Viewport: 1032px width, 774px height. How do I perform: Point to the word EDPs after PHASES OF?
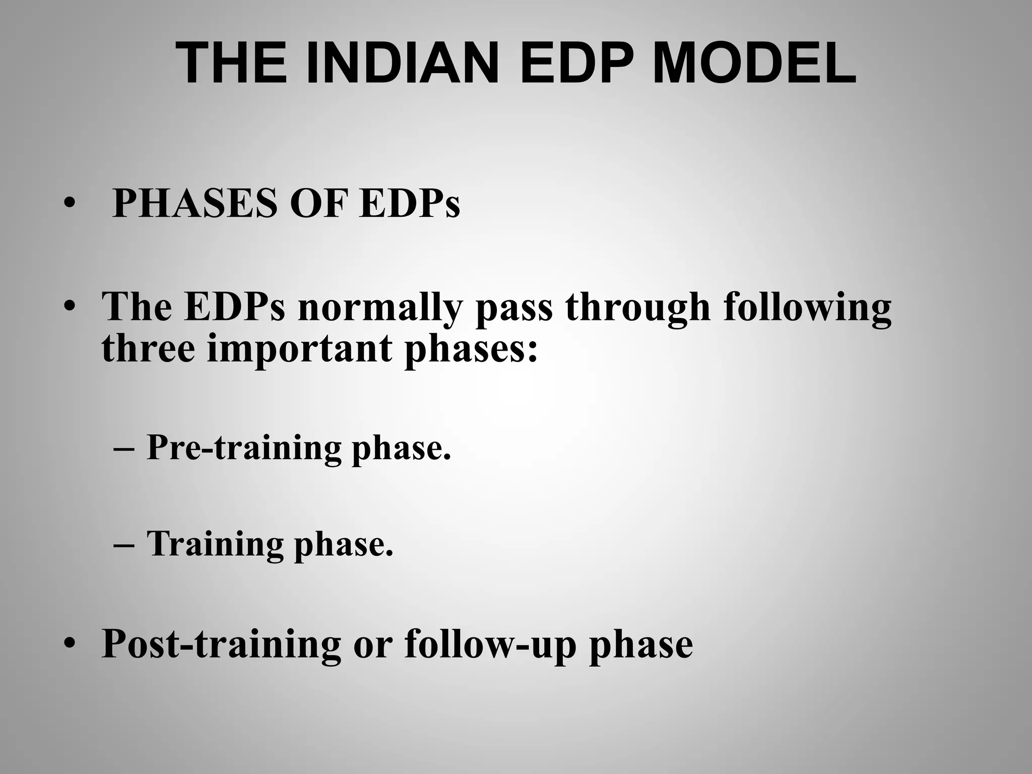[409, 204]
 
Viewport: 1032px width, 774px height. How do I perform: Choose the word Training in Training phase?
[215, 544]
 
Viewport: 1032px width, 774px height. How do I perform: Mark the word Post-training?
[221, 644]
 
